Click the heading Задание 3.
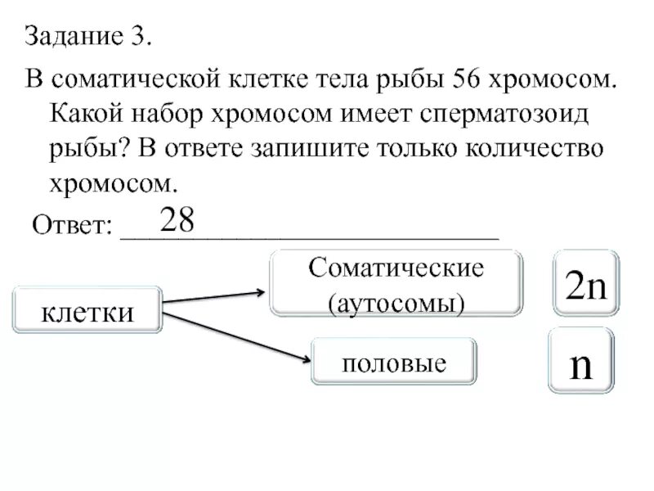coord(88,37)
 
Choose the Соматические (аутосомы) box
coord(396,283)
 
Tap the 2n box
coord(585,283)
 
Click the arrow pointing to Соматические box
coord(214,297)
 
